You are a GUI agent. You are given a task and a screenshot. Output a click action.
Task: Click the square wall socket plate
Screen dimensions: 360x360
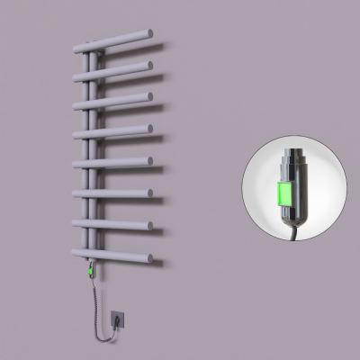point(120,318)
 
